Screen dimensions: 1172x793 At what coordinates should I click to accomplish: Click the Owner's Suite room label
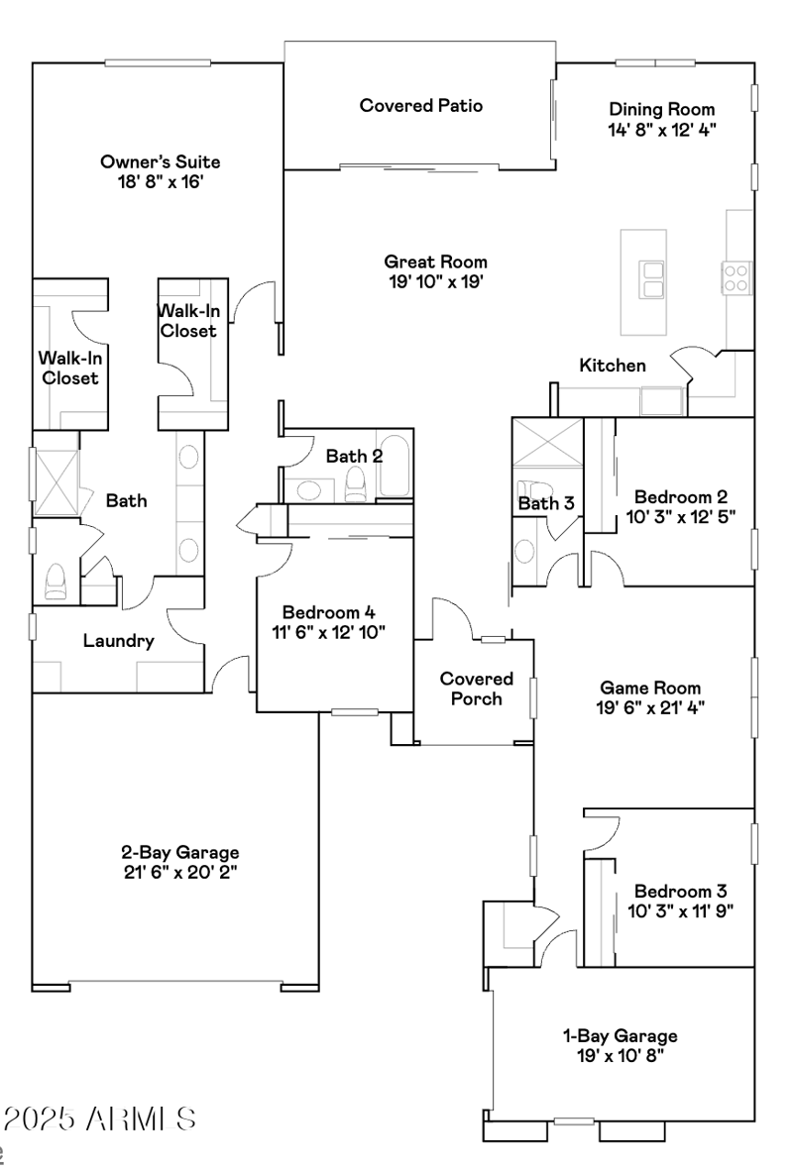click(160, 161)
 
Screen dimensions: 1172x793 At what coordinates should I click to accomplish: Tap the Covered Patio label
click(421, 105)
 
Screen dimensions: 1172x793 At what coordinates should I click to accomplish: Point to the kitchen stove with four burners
click(736, 275)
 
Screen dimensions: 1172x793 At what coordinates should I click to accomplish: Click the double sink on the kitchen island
click(653, 279)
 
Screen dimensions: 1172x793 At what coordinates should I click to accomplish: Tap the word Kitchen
click(613, 366)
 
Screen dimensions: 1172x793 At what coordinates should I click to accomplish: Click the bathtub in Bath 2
click(395, 466)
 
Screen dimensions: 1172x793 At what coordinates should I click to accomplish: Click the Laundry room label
click(118, 641)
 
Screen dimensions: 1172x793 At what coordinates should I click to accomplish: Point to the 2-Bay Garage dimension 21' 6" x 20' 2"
click(180, 871)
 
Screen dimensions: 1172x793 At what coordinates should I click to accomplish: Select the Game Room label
click(650, 688)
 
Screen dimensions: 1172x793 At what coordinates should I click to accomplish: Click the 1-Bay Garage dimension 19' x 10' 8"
click(621, 1055)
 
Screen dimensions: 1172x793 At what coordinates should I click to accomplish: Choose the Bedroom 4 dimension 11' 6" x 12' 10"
click(329, 631)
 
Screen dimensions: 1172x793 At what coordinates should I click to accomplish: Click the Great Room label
click(436, 262)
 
